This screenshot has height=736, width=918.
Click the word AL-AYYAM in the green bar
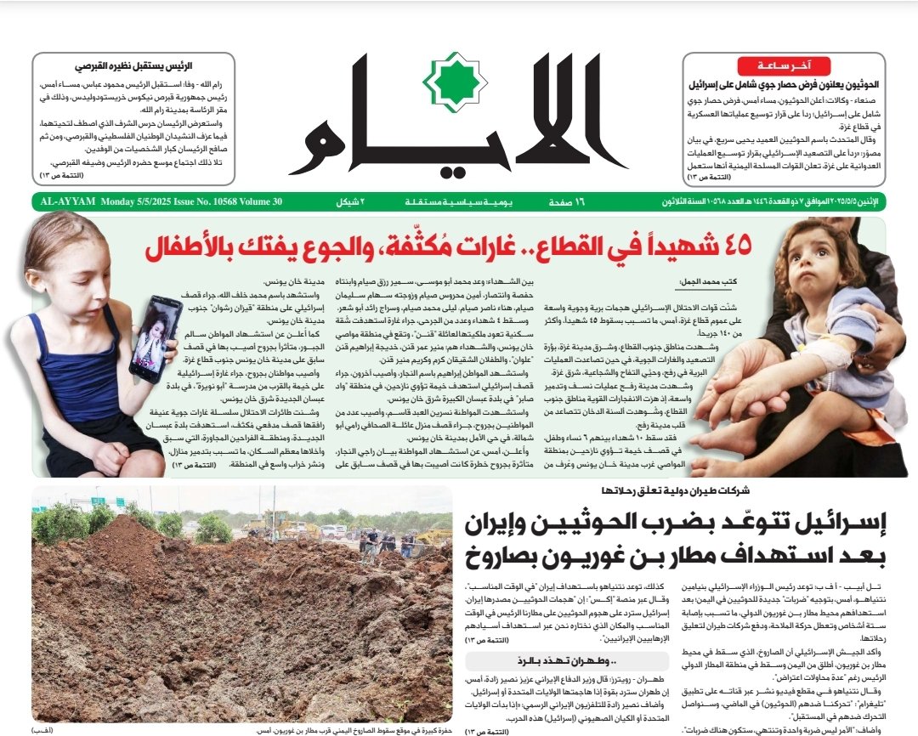(66, 202)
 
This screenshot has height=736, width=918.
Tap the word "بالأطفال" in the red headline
(188, 246)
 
